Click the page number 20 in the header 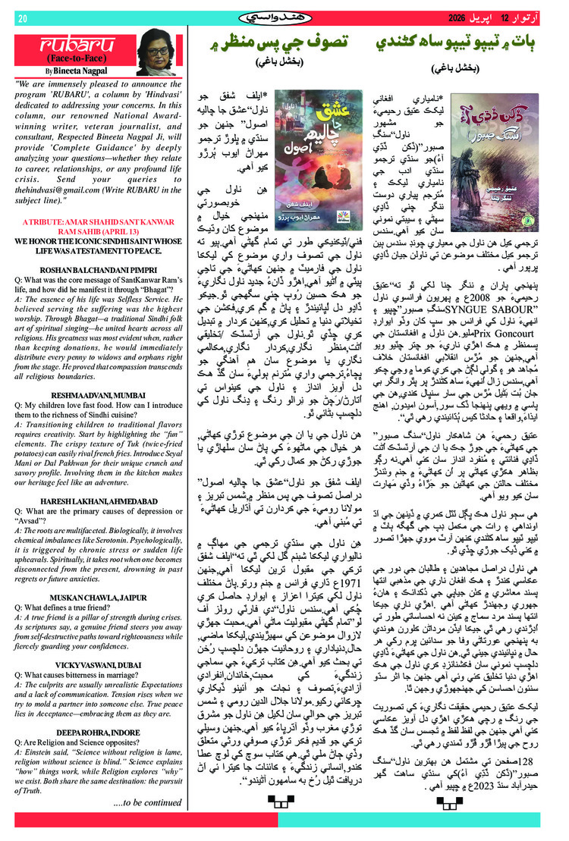[x=22, y=18]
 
